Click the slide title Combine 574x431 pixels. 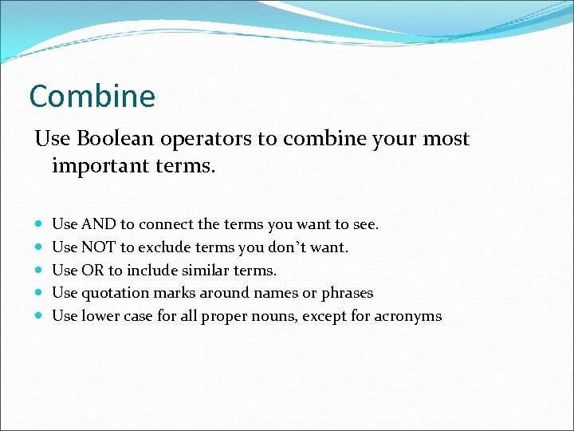[92, 97]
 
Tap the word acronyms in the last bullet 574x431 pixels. [411, 316]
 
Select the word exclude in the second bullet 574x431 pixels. [163, 247]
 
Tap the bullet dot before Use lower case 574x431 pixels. [40, 317]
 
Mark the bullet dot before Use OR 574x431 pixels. [40, 271]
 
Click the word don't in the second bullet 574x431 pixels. [285, 247]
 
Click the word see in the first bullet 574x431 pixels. [366, 225]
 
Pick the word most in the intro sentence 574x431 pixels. [447, 139]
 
